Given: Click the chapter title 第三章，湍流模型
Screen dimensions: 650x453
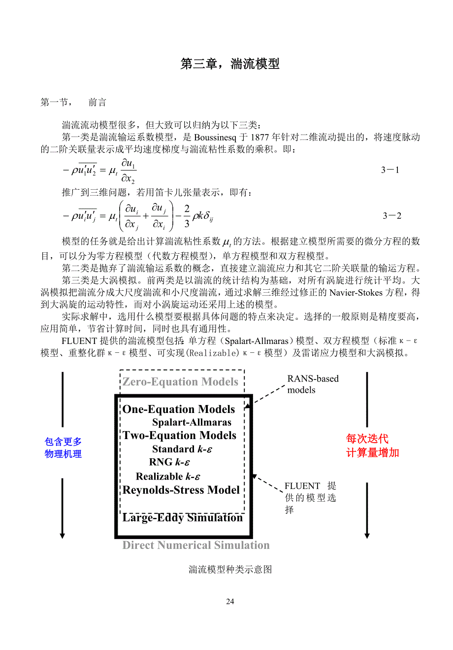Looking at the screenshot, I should [x=230, y=64].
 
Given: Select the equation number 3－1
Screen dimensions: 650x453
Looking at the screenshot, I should [x=390, y=170].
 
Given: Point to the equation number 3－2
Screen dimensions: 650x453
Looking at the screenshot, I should [x=392, y=216].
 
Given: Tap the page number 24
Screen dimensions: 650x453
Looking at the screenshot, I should [x=230, y=601].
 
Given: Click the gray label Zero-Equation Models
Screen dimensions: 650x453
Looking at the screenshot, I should [x=180, y=382].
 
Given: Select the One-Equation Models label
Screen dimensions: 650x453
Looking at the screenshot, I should [x=179, y=410].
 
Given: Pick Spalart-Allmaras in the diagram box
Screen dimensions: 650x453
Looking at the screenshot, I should [x=192, y=422].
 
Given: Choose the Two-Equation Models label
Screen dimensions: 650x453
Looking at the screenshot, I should [x=180, y=436].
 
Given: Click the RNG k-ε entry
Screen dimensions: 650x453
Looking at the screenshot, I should [x=169, y=462].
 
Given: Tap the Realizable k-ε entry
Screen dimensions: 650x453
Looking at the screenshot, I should [x=168, y=477].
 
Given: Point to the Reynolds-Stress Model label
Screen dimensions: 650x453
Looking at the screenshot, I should [x=181, y=490].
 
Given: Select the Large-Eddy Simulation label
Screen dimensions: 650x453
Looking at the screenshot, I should [x=183, y=517].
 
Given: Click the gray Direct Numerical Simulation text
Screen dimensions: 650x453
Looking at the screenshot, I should [x=196, y=545].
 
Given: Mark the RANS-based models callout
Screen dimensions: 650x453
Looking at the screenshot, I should [x=313, y=384].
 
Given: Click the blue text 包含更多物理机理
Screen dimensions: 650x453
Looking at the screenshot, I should [x=63, y=448].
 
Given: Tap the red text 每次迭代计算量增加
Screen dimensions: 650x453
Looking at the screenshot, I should [x=372, y=445].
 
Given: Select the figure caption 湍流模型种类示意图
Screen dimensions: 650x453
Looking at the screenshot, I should [x=230, y=570].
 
